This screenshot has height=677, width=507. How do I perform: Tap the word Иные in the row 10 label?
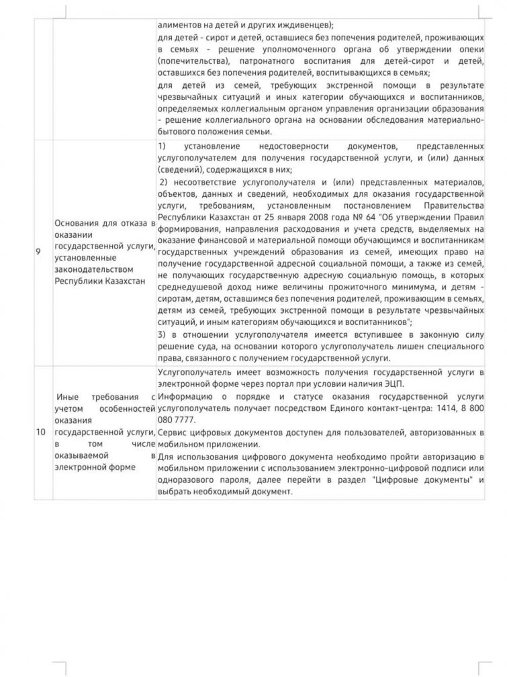69,398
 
